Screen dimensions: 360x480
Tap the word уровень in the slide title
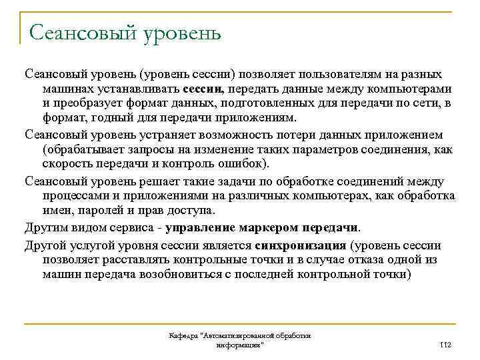pyautogui.click(x=180, y=31)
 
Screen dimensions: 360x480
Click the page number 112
pyautogui.click(x=447, y=343)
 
